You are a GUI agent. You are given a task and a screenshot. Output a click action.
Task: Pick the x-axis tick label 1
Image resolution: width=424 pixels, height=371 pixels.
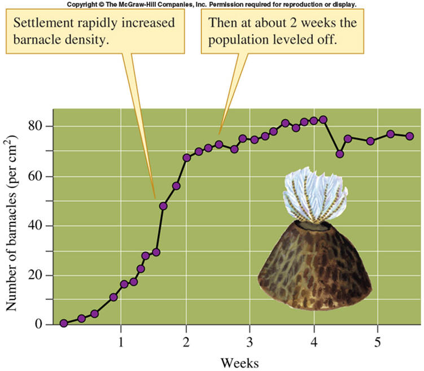pyautogui.click(x=121, y=343)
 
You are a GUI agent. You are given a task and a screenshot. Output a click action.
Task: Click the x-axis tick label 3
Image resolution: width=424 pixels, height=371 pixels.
pyautogui.click(x=250, y=343)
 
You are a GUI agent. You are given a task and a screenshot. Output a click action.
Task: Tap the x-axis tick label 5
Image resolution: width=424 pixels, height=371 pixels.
pyautogui.click(x=378, y=343)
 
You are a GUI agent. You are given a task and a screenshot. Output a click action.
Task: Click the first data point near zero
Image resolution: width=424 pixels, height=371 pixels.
pyautogui.click(x=64, y=324)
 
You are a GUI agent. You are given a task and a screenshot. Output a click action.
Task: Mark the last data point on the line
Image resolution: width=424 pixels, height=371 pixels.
pyautogui.click(x=410, y=136)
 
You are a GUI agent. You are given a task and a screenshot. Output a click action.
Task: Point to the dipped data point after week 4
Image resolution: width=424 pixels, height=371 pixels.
pyautogui.click(x=339, y=154)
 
